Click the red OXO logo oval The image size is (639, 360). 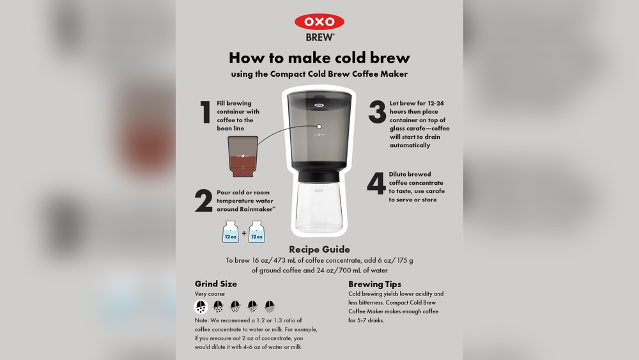point(319,22)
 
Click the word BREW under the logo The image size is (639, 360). point(319,37)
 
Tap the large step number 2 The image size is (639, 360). point(204,201)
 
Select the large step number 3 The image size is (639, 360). point(377,112)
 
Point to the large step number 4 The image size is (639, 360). point(376,184)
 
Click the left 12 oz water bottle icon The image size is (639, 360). point(231,232)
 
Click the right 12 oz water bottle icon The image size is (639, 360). point(256,232)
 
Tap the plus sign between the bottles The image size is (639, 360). point(243,233)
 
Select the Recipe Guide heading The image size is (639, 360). point(319,249)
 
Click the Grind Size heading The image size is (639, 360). point(215,284)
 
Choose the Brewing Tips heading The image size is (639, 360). point(374,284)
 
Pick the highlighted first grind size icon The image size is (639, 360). point(201,306)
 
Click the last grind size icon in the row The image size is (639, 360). point(270,306)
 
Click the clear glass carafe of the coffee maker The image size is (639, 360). point(319,208)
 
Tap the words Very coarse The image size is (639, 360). point(210,294)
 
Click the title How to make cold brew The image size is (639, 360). point(319,58)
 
